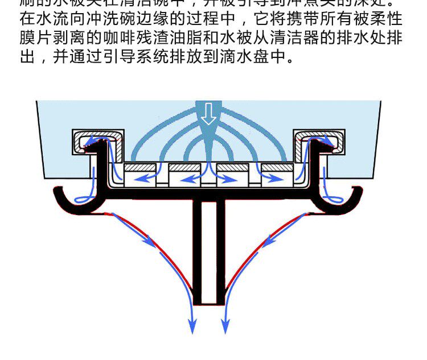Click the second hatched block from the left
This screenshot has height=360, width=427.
click(x=186, y=168)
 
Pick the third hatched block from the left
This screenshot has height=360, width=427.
click(x=233, y=168)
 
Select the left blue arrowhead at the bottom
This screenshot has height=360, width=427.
click(x=192, y=328)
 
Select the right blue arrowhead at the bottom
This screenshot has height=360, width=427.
click(x=226, y=328)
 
